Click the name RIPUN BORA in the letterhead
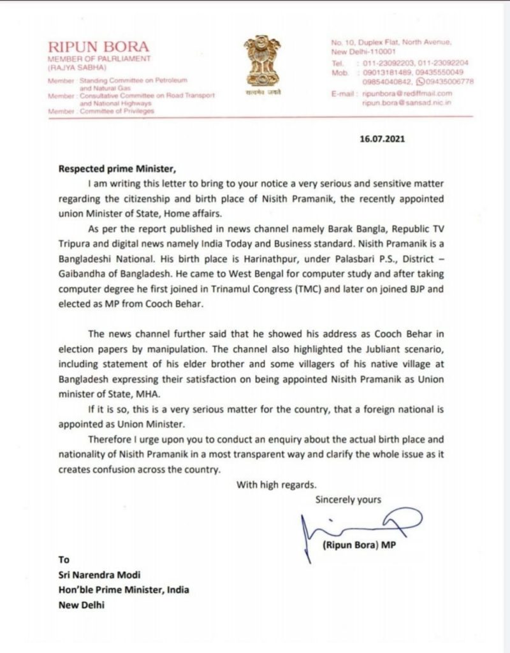click(x=99, y=47)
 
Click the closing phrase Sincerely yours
click(x=348, y=500)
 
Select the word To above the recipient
click(x=64, y=560)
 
